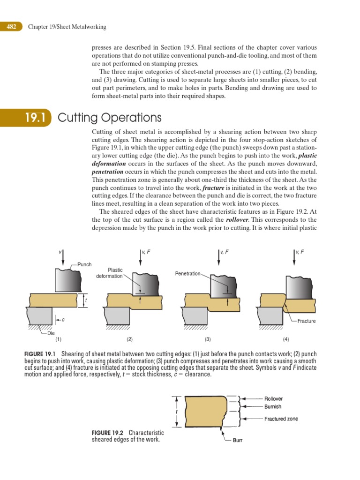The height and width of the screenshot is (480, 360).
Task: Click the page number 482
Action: [11, 27]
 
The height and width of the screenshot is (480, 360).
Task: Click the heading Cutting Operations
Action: [109, 117]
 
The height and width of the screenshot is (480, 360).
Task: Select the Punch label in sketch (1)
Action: [84, 265]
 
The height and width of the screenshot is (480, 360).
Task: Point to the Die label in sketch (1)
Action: [51, 333]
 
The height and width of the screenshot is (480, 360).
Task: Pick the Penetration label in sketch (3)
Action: [187, 273]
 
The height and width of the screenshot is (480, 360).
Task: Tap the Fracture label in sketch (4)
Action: [306, 321]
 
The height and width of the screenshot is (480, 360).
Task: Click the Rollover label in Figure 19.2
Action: [273, 399]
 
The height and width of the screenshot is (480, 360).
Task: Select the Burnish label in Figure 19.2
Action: [273, 407]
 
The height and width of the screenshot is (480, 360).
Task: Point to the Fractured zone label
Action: [281, 419]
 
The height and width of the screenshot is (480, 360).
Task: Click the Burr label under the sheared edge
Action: [238, 441]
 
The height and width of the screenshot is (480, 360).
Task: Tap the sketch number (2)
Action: [130, 339]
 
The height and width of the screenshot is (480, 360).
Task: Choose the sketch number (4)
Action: [286, 339]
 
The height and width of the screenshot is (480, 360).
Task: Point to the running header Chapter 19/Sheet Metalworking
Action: [67, 27]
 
